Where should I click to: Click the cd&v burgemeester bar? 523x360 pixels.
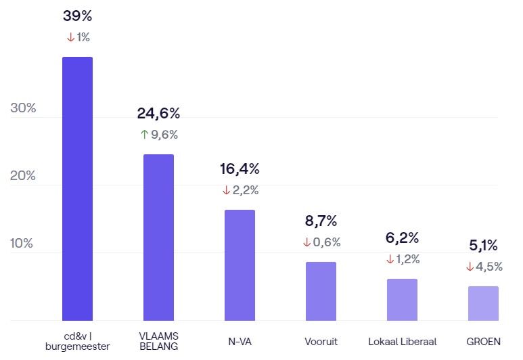tap(77, 189)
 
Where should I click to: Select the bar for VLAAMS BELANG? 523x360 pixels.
tap(158, 238)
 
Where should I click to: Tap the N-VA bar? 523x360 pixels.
tap(240, 265)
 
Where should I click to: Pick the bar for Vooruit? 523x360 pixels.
tap(321, 291)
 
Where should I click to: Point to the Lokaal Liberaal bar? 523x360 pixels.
tap(402, 300)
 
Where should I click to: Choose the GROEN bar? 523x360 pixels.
tap(483, 303)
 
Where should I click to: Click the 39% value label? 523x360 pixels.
tap(77, 16)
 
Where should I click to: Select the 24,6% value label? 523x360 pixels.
tap(158, 113)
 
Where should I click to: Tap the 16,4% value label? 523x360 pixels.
tap(240, 168)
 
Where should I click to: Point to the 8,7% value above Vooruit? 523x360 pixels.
tap(321, 221)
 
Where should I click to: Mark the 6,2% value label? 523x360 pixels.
tap(402, 238)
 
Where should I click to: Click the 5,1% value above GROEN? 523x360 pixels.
tap(483, 245)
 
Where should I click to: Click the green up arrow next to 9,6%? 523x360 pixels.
tap(144, 135)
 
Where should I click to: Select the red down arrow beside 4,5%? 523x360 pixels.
tap(470, 267)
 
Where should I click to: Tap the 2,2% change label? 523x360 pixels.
tap(246, 190)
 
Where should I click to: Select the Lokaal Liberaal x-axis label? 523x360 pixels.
tap(402, 342)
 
